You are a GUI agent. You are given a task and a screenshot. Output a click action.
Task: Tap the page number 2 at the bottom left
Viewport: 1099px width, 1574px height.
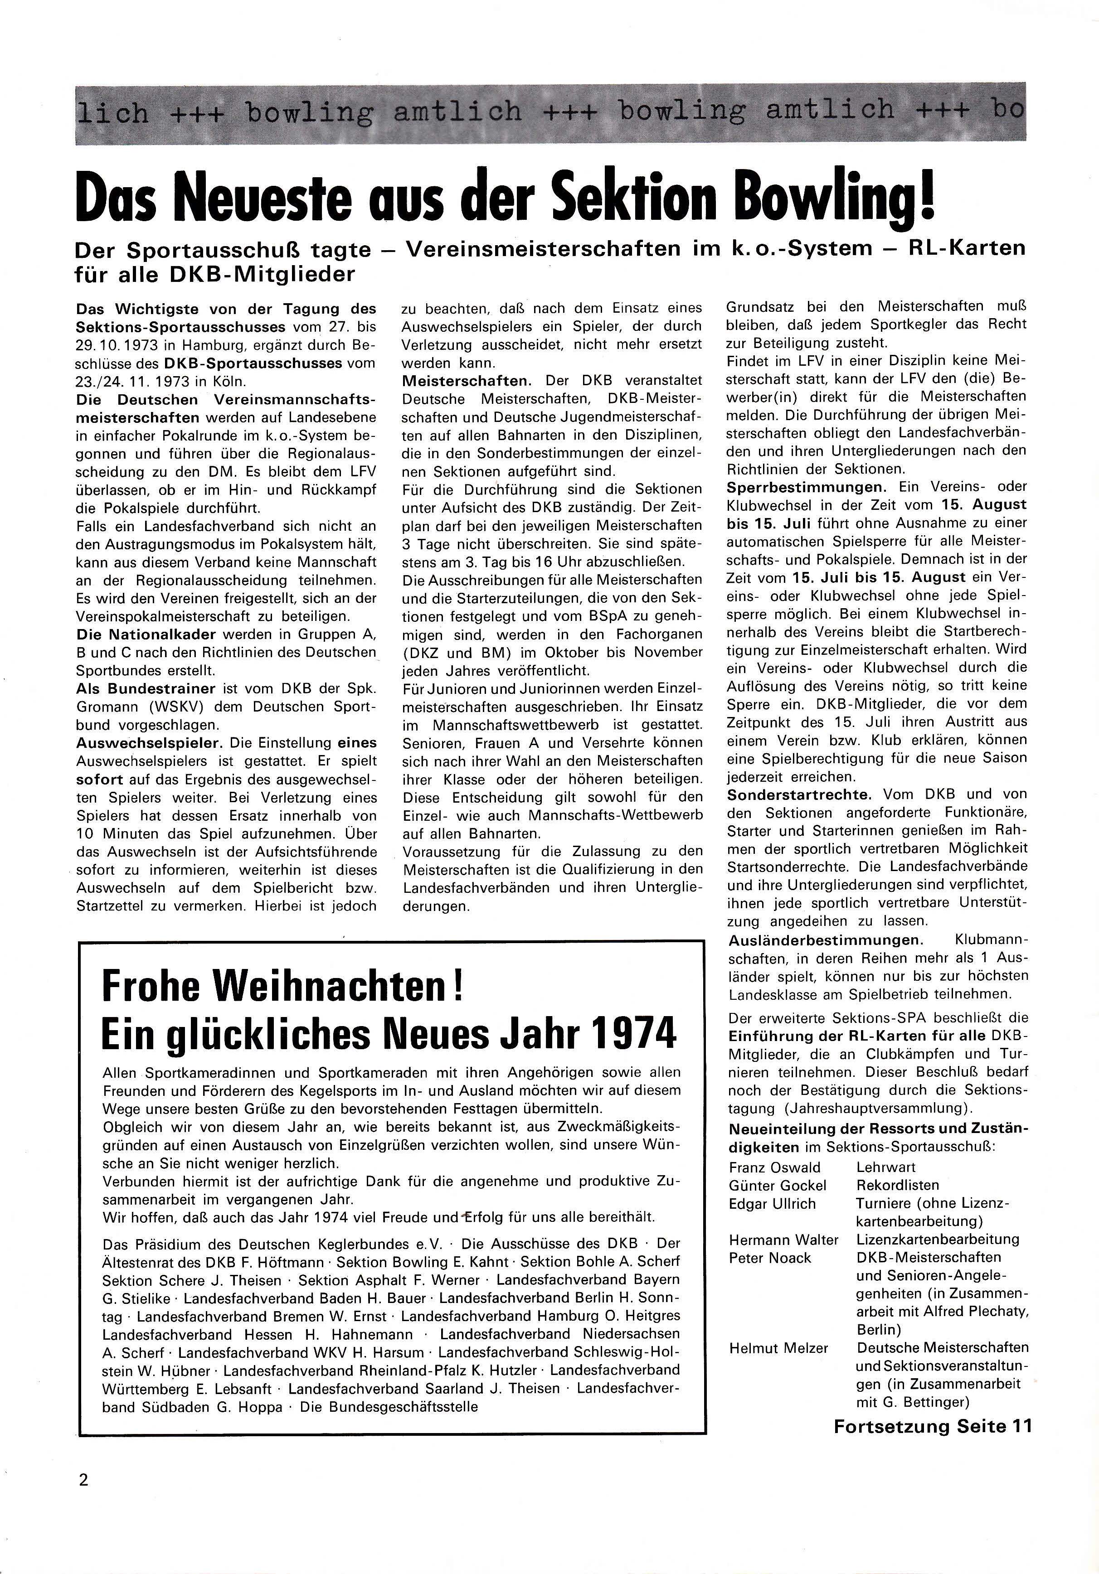pyautogui.click(x=83, y=1479)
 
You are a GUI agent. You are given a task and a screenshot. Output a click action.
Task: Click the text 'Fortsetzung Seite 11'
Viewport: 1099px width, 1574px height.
pyautogui.click(x=933, y=1427)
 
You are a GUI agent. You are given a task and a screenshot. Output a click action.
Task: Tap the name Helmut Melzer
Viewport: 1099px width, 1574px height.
pyautogui.click(x=778, y=1348)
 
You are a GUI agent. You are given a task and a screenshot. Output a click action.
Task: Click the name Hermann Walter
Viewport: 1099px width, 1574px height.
pyautogui.click(x=783, y=1240)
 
